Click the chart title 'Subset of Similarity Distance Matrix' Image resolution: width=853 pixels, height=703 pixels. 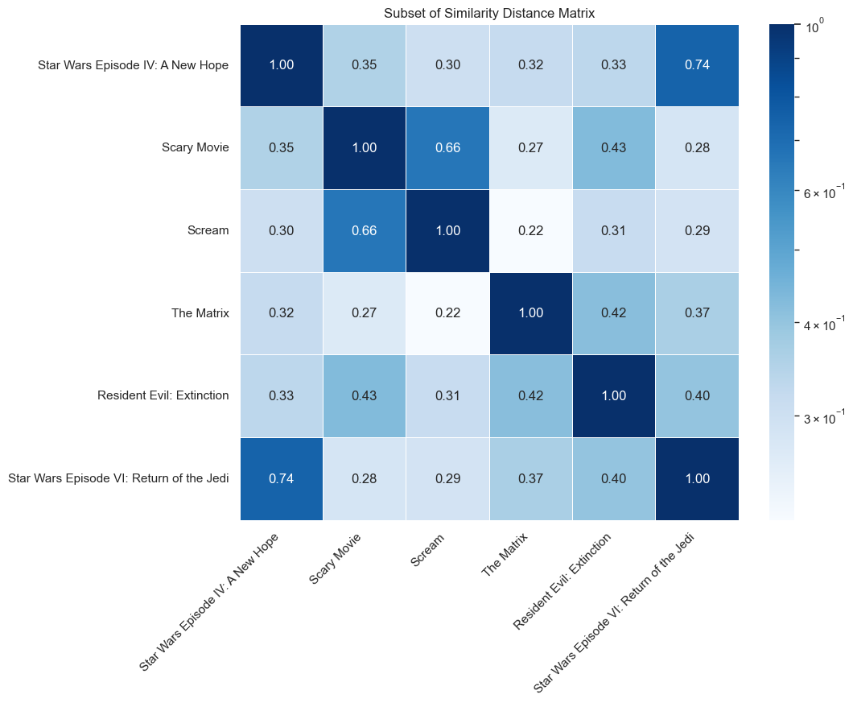489,13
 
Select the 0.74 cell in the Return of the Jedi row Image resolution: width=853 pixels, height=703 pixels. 282,478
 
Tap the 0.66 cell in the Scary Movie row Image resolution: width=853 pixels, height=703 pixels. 447,147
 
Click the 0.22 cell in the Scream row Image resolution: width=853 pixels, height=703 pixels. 530,230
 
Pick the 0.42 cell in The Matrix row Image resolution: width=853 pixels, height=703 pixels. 613,313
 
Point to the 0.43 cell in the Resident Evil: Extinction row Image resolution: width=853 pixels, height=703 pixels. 365,395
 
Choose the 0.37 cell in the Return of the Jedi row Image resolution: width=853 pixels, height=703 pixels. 530,478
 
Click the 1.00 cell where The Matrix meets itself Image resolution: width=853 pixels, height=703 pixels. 530,313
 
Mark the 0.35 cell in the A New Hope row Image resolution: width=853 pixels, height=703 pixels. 365,65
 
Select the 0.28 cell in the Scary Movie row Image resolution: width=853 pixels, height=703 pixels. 696,147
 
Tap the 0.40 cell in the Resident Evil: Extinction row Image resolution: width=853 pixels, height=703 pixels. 696,395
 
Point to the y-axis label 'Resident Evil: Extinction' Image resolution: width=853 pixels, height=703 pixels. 163,395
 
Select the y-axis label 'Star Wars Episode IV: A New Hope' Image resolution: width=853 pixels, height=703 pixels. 134,65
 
